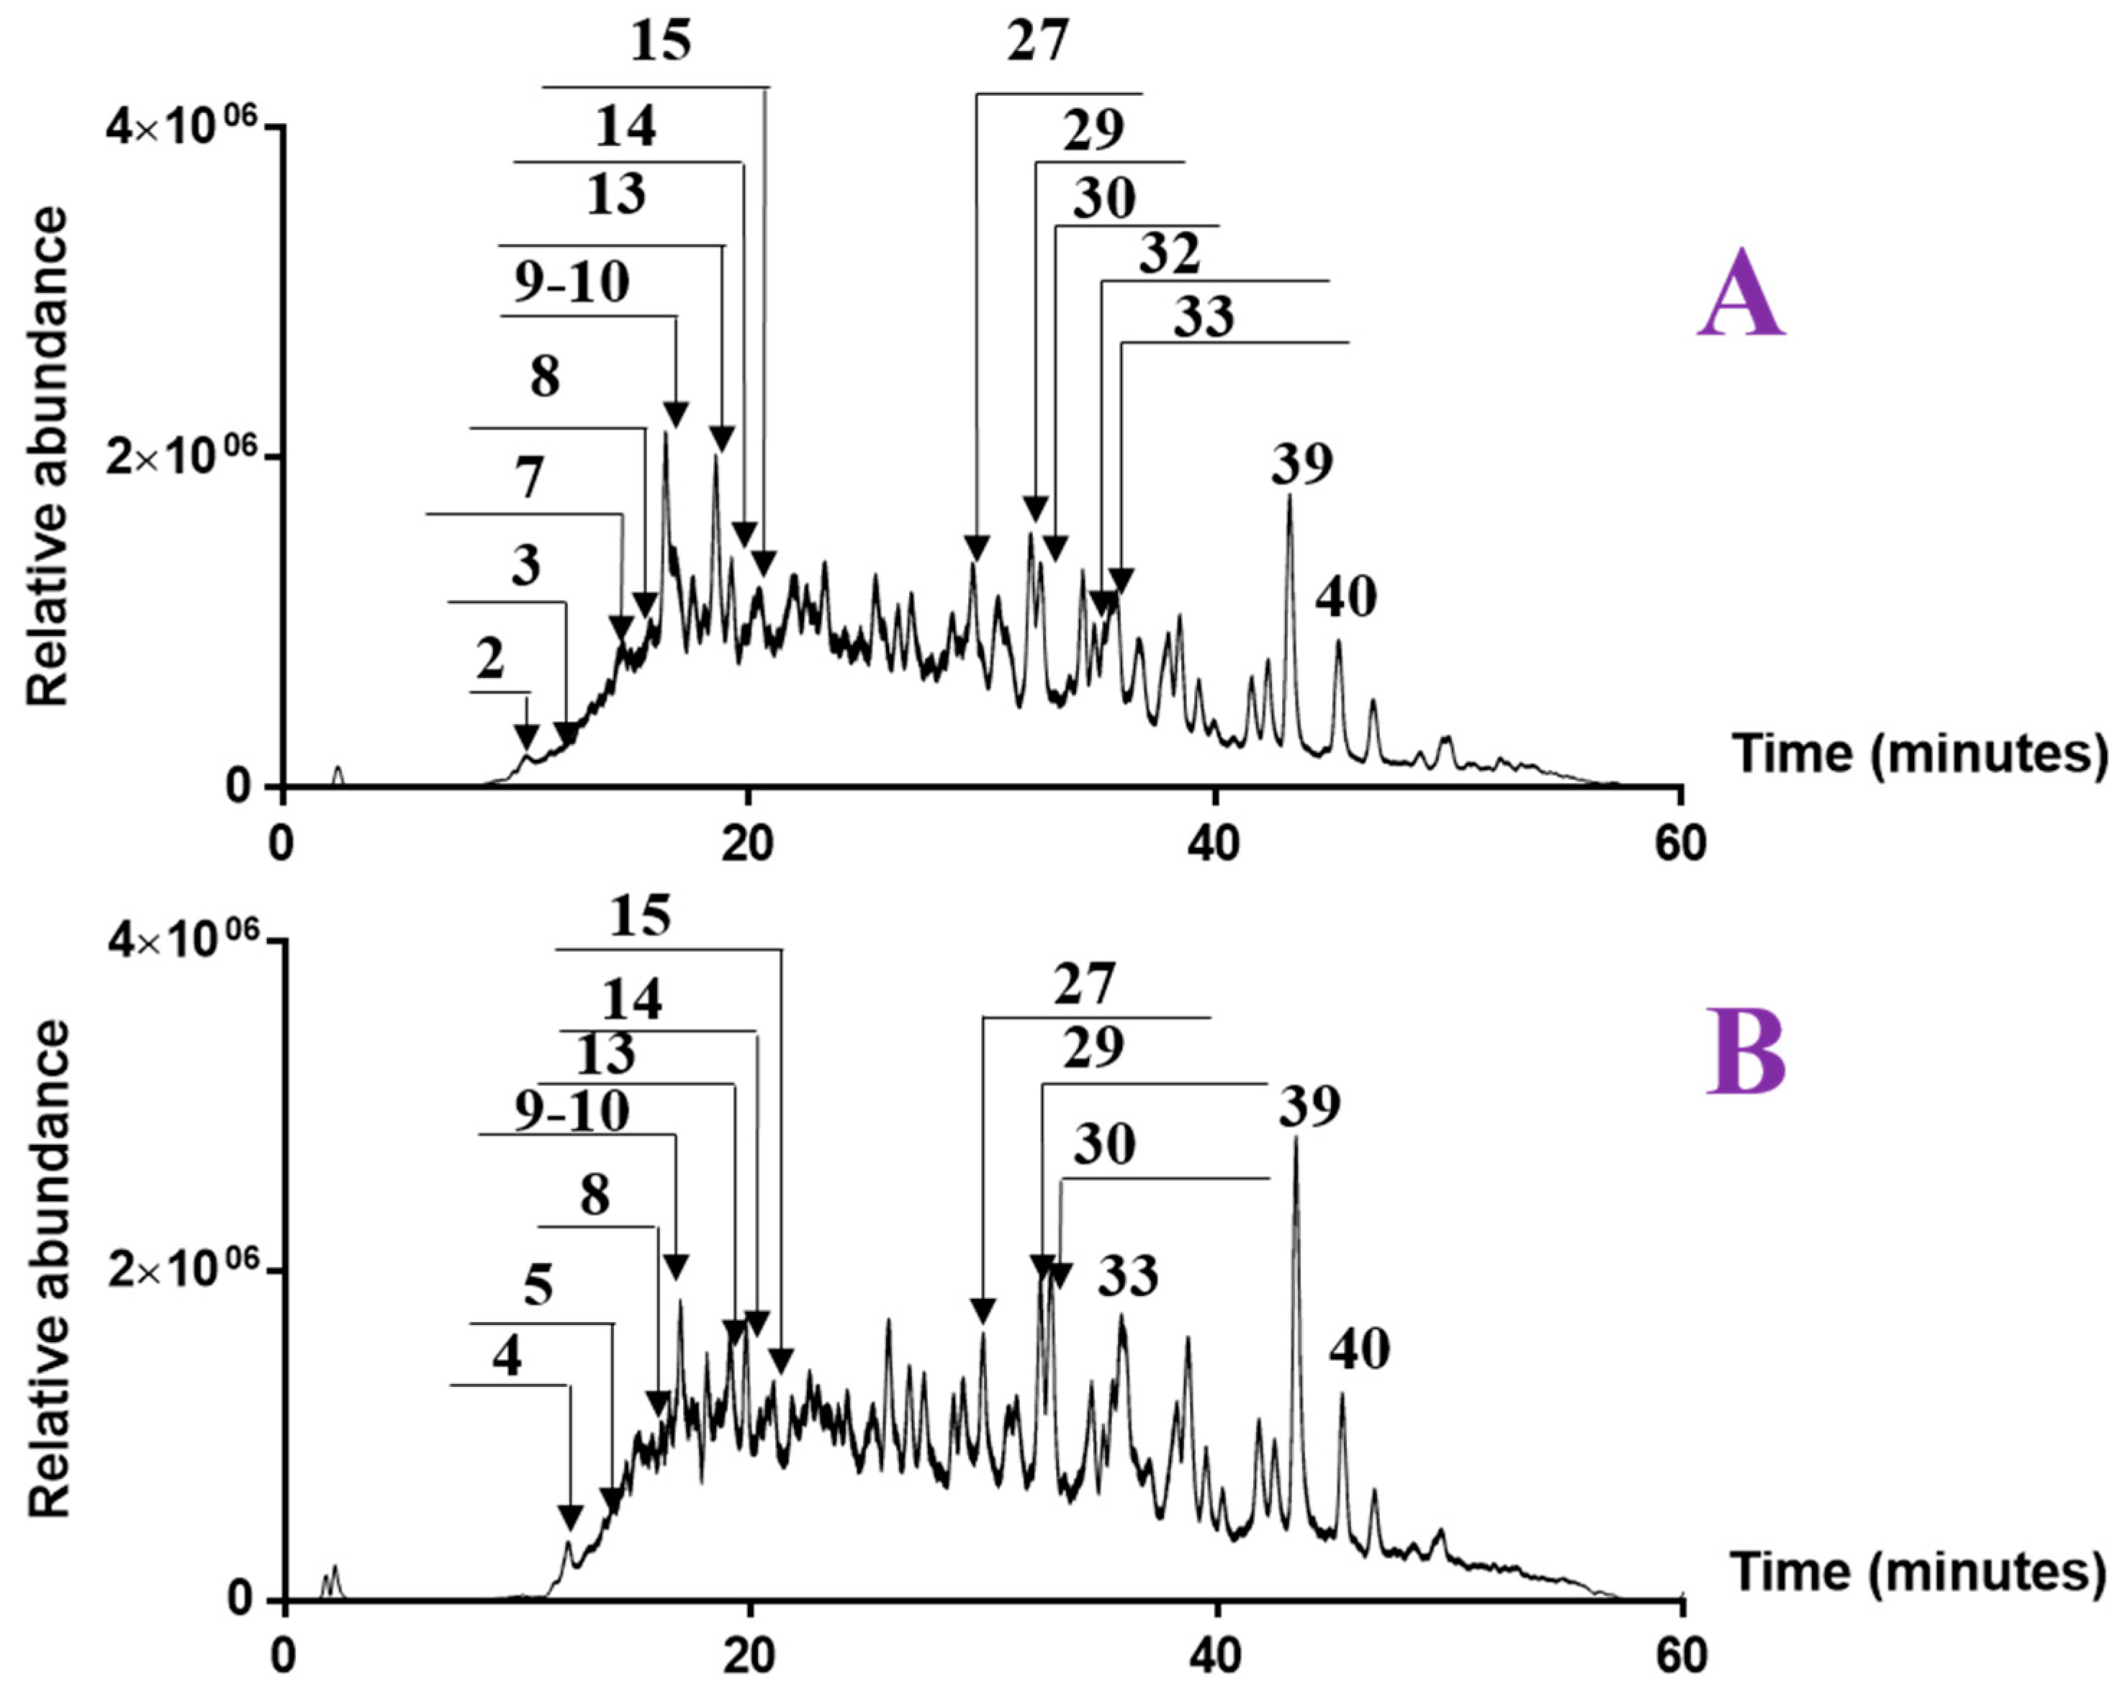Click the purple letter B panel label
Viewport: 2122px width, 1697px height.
(1744, 1053)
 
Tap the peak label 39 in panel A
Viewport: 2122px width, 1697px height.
(1301, 463)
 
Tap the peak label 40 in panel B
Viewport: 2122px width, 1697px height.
(1359, 1349)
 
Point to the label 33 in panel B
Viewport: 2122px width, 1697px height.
(1128, 1277)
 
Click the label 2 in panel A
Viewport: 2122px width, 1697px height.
(490, 660)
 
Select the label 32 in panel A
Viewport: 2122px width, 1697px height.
(1170, 254)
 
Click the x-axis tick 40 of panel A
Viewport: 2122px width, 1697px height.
(1214, 845)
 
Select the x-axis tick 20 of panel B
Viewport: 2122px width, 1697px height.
(747, 1657)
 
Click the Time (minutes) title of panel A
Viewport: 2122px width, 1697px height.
(1919, 754)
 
